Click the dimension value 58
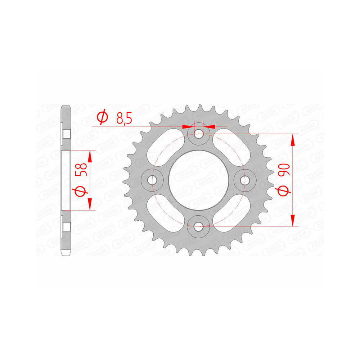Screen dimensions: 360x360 81,169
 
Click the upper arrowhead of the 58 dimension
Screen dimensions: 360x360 90,156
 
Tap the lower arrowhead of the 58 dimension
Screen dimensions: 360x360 90,204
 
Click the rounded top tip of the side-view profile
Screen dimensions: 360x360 66,107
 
